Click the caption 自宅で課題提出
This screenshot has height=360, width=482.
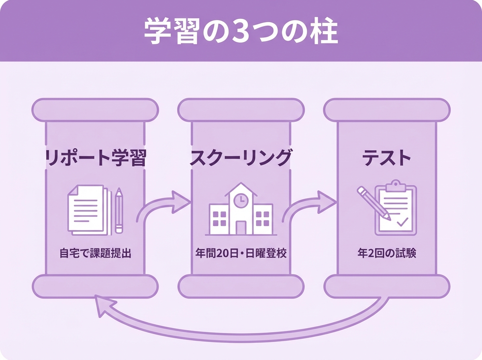coord(95,254)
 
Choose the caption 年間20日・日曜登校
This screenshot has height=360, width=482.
coord(241,254)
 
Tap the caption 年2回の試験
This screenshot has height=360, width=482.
coord(386,254)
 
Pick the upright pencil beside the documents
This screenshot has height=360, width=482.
coord(119,210)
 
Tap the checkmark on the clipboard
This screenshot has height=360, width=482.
coord(402,221)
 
